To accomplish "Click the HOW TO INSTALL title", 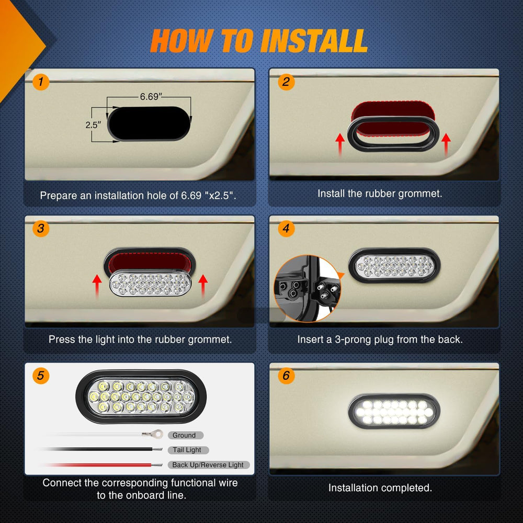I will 259,41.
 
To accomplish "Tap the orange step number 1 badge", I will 40,82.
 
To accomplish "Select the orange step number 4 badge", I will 286,229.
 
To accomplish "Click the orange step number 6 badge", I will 286,376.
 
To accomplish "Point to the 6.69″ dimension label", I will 151,97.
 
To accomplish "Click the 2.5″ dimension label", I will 92,125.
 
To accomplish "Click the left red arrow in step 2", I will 339,144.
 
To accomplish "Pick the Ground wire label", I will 185,435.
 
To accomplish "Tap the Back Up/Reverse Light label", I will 208,465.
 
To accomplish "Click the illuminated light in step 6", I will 394,412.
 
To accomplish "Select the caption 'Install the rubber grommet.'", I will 380,193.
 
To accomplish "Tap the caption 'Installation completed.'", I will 380,488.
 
